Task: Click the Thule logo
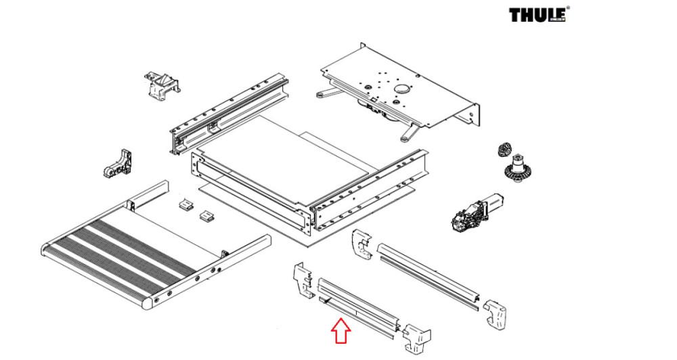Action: tap(538, 15)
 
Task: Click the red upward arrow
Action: tap(341, 332)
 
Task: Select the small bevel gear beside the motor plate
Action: tap(503, 150)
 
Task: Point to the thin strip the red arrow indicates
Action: tap(352, 318)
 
